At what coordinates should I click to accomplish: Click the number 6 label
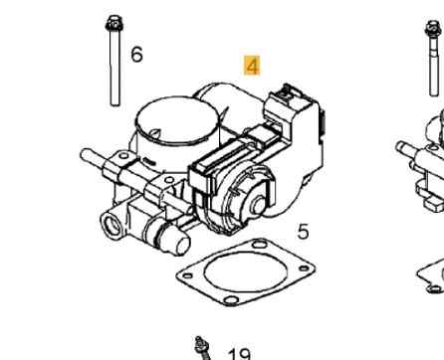coord(136,53)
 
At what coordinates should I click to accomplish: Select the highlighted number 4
coord(224,67)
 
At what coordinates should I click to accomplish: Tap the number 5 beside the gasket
coord(303,231)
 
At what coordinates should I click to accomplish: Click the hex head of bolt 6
coord(111,21)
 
